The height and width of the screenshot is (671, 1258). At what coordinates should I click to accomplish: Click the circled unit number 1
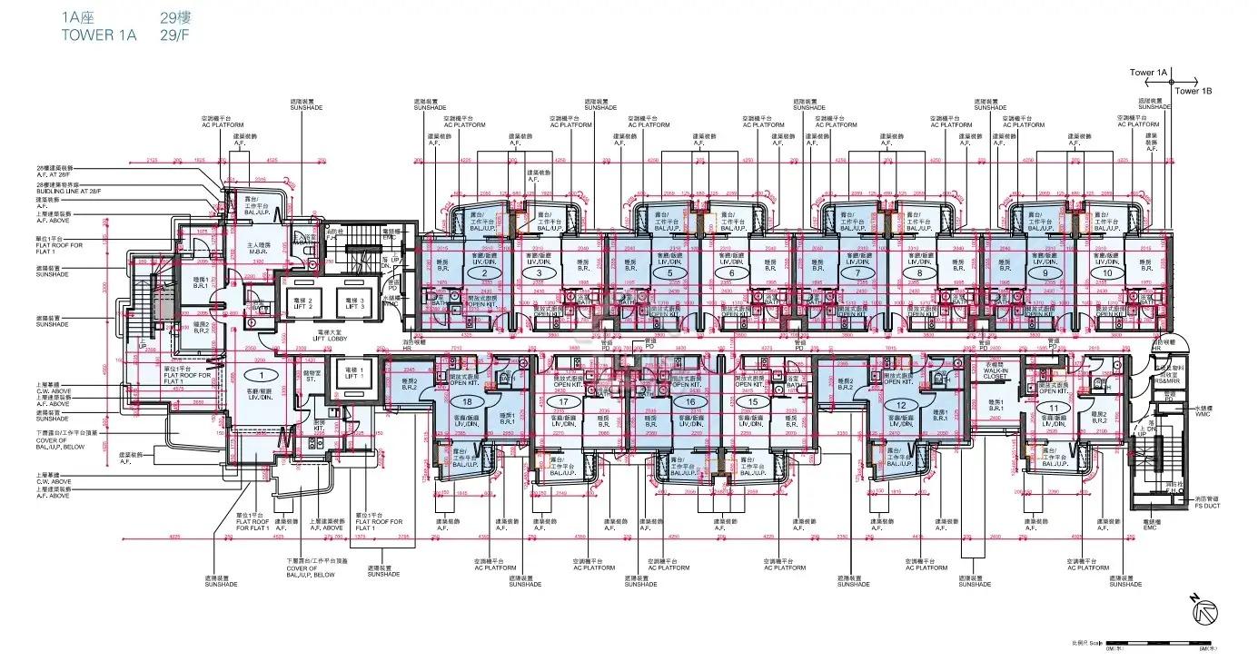click(x=262, y=374)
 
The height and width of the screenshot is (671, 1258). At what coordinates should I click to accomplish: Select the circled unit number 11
click(x=1053, y=409)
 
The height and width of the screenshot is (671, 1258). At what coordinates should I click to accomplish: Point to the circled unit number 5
click(x=669, y=272)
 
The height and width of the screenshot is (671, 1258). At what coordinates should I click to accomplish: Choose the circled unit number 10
click(x=1106, y=272)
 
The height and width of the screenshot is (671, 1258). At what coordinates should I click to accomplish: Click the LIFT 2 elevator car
click(x=303, y=302)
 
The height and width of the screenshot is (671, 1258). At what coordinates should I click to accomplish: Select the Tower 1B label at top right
click(x=1194, y=91)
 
